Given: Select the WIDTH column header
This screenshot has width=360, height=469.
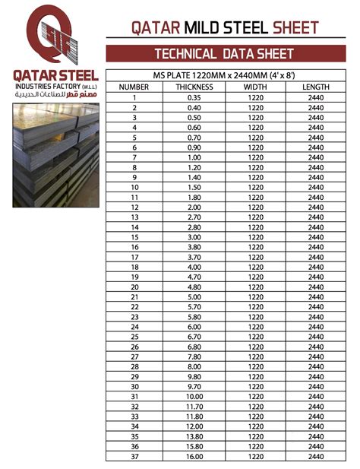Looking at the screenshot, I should (255, 87).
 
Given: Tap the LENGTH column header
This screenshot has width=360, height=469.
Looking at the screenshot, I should (315, 87).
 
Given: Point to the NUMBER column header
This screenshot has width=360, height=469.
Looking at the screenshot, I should (134, 87).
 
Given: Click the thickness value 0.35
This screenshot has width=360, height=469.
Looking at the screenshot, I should (194, 97).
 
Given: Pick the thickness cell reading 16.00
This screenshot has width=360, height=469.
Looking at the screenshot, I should (194, 456).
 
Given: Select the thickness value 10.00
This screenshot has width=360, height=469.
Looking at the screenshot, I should (194, 396).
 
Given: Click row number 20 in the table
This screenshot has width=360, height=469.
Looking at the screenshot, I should (134, 287).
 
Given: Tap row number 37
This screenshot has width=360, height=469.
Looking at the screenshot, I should (134, 456).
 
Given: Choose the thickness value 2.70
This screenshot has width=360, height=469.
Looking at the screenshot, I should (194, 217).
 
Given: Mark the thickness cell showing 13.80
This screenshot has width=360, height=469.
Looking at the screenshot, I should (194, 436).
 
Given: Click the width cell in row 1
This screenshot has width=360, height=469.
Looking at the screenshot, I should (255, 97).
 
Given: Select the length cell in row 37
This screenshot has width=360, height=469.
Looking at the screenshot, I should (315, 456).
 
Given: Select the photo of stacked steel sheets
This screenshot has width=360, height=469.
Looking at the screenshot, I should (55, 157).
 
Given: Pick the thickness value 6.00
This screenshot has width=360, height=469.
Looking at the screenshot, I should (194, 326).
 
